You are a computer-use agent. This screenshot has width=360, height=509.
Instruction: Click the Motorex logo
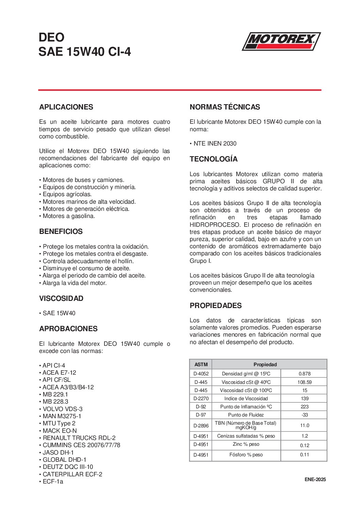coord(281,41)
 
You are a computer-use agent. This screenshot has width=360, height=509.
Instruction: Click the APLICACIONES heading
coord(66,107)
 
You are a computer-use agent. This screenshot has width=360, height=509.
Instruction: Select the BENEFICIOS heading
coord(61,232)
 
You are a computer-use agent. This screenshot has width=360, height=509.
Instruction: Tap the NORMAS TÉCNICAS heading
coord(225,107)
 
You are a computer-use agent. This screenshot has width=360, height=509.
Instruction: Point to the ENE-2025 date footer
coord(315,479)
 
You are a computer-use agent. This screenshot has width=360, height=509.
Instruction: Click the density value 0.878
coord(304,374)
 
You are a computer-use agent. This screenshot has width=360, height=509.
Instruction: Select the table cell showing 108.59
coord(304,382)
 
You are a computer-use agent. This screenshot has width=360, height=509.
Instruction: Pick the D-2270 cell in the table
coord(201,398)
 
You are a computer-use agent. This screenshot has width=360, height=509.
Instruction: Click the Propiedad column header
coord(265,364)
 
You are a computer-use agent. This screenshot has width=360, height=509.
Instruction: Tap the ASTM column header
coord(201,364)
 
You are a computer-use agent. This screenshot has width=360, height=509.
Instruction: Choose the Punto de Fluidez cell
coord(246,415)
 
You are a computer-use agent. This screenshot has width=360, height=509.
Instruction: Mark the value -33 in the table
coord(304,415)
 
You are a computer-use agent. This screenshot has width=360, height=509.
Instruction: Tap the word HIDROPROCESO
coord(215,225)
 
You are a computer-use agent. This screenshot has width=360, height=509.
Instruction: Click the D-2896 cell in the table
coord(201,425)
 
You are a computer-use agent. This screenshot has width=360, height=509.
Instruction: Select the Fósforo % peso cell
coord(246,455)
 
